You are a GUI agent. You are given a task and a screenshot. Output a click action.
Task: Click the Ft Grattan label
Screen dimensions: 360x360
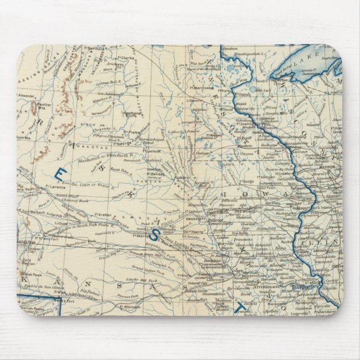(x=104, y=214)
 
